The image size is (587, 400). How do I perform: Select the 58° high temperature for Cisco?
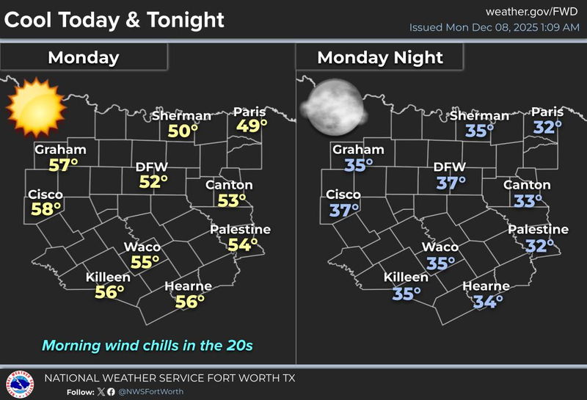(x=45, y=209)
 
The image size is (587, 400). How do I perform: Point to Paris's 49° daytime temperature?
(x=249, y=126)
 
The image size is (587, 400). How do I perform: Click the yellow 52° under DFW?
(x=153, y=181)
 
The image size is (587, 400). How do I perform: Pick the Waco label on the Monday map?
(x=142, y=247)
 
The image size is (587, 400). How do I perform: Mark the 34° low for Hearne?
(x=487, y=300)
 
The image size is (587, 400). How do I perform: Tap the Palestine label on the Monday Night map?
(x=539, y=230)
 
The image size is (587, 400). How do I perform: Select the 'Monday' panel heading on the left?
(x=83, y=57)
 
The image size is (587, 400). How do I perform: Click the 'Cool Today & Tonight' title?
(x=114, y=20)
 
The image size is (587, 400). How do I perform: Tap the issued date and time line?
(x=495, y=28)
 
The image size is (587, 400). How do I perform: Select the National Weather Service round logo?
(x=20, y=384)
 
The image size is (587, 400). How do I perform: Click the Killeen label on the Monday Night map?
(x=406, y=277)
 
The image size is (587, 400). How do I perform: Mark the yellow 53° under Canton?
(x=232, y=200)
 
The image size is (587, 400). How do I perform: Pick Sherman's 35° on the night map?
(x=480, y=131)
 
